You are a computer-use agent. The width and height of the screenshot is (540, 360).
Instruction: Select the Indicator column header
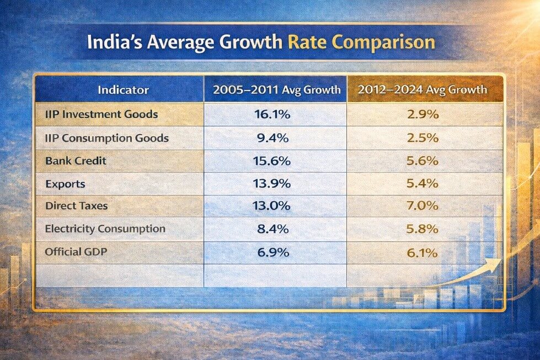point(123,89)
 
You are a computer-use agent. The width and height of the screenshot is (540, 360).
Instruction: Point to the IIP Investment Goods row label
point(102,115)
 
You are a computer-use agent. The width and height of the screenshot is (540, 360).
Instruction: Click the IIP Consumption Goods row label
point(108,138)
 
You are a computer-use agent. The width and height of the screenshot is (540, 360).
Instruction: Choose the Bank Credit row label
point(76,160)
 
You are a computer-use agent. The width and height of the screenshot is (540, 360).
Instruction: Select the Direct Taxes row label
point(77,206)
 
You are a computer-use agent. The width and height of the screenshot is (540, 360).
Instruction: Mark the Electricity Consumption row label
point(105,228)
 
